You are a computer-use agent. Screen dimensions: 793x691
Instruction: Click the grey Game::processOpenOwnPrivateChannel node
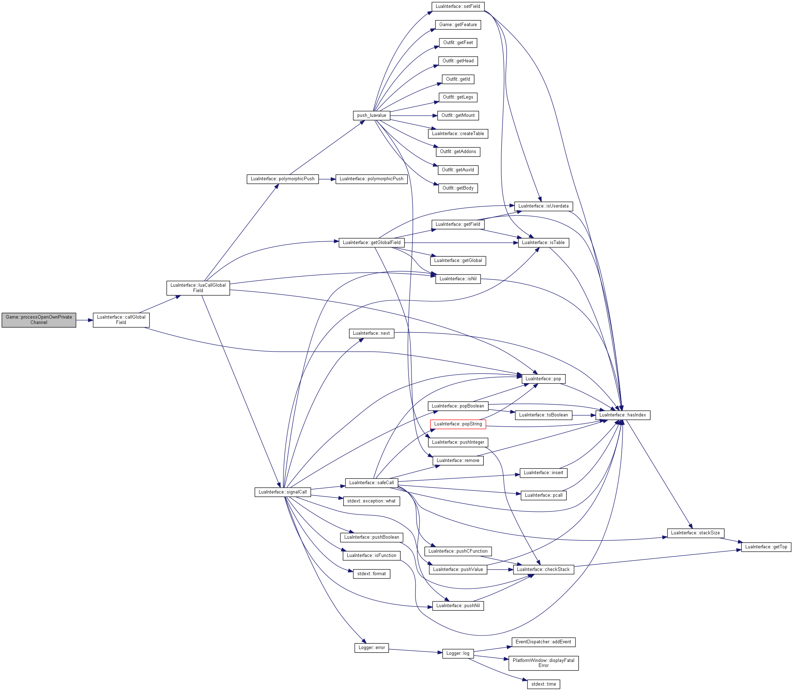[x=39, y=320]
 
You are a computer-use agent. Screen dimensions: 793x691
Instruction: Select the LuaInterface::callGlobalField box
[x=121, y=320]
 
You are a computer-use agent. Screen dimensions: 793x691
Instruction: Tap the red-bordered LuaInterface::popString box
[x=458, y=424]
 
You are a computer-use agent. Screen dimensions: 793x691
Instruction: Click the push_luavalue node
[x=372, y=115]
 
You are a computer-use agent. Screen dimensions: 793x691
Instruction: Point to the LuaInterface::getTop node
[x=766, y=547]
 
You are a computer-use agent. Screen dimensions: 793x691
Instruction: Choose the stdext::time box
[x=544, y=684]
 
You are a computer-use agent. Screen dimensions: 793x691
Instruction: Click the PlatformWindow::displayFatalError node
[x=544, y=663]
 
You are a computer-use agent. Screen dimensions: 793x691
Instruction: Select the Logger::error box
[x=372, y=648]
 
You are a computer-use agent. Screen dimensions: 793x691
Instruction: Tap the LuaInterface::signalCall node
[x=283, y=492]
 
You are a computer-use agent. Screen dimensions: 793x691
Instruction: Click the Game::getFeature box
[x=458, y=25]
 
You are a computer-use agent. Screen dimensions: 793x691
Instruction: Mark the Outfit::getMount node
[x=458, y=115]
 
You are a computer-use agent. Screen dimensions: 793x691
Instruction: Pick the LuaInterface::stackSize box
[x=696, y=533]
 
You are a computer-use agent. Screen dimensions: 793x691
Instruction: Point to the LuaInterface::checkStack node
[x=544, y=570]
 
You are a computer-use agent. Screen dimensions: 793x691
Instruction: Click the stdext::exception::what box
[x=371, y=501]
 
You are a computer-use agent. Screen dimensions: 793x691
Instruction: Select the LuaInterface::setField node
[x=458, y=6]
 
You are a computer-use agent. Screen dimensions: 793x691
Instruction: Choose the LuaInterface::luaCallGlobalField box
[x=198, y=288]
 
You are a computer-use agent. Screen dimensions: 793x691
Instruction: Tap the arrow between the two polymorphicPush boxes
[x=327, y=179]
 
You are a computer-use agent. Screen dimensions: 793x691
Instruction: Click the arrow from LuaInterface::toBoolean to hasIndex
[x=584, y=415]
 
